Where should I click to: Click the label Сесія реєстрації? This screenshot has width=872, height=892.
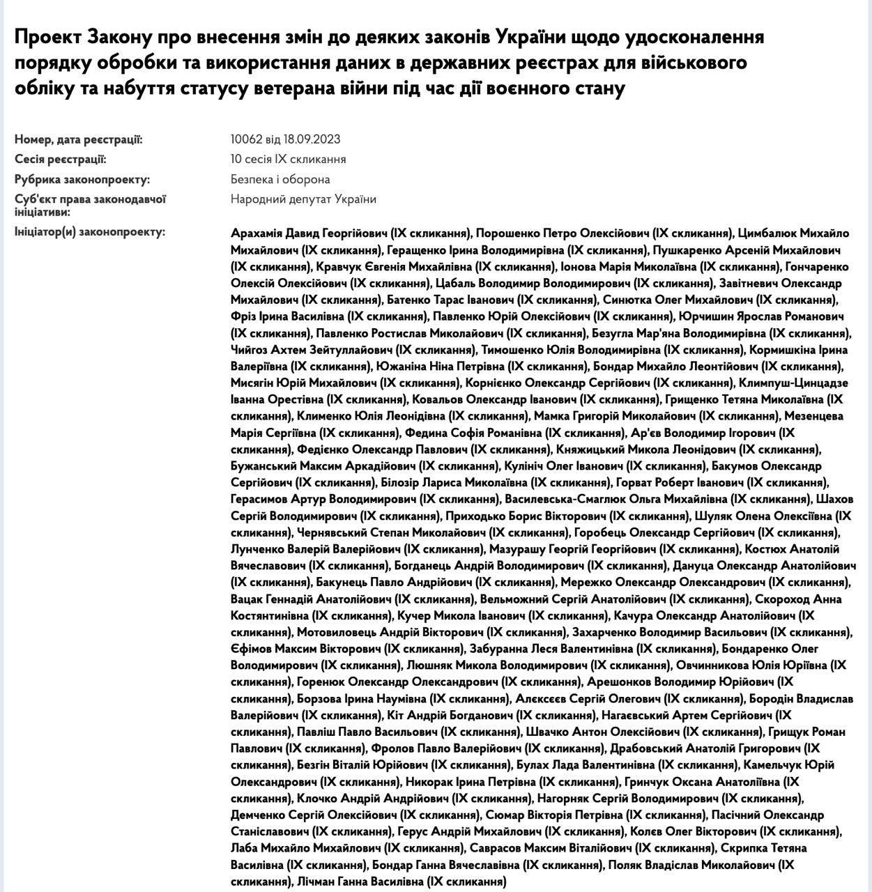coord(61,160)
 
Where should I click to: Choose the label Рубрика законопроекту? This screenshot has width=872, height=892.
coord(82,180)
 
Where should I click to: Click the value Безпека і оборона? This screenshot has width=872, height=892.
coord(280,180)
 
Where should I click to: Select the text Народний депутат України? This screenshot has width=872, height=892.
coord(303,199)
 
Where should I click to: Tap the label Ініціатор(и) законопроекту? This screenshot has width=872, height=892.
coord(90,231)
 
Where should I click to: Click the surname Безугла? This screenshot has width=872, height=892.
coord(614,333)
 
